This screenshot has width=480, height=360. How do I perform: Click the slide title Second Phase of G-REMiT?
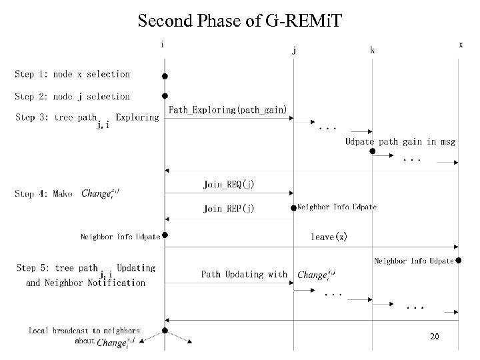(239, 21)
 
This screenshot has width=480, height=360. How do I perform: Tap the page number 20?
(435, 337)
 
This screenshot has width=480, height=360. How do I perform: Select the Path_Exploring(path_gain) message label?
(228, 109)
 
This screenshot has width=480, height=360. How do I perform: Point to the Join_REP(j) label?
(229, 209)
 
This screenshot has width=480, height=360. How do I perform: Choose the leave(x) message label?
(329, 237)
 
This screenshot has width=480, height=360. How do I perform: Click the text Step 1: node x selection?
(72, 75)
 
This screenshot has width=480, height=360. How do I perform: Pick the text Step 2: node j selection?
(72, 97)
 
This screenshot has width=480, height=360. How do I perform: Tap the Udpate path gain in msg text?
(399, 141)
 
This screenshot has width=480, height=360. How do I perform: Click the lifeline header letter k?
(372, 50)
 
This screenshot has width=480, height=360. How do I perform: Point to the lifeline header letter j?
(294, 49)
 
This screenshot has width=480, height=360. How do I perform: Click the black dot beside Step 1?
(165, 75)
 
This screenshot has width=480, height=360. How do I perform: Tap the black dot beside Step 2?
(165, 97)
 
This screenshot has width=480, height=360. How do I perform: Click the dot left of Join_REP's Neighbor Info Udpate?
(294, 209)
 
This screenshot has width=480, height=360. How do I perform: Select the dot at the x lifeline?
(459, 261)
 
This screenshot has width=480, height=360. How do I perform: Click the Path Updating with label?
(244, 274)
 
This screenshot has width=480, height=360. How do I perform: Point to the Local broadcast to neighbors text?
(84, 330)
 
